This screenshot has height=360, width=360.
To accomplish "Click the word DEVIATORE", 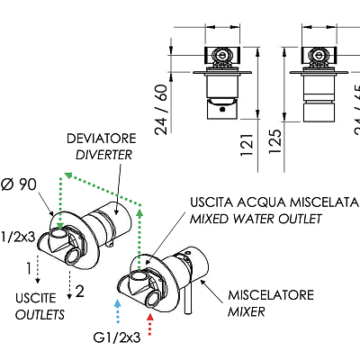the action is pyautogui.click(x=102, y=139).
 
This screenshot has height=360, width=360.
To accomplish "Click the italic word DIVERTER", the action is pyautogui.click(x=103, y=155).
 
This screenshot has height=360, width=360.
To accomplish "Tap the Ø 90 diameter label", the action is pyautogui.click(x=19, y=184).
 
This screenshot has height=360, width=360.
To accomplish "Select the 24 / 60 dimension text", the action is pyautogui.click(x=161, y=110).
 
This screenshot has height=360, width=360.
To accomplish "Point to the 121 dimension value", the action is pyautogui.click(x=247, y=145).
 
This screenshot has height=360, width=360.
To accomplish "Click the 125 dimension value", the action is pyautogui.click(x=275, y=141).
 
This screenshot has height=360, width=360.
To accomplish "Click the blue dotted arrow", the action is pyautogui.click(x=118, y=311).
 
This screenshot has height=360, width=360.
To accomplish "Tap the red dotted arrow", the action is pyautogui.click(x=150, y=324).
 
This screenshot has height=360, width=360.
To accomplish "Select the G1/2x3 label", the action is pyautogui.click(x=117, y=338).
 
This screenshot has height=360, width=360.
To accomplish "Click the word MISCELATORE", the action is pyautogui.click(x=271, y=295).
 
